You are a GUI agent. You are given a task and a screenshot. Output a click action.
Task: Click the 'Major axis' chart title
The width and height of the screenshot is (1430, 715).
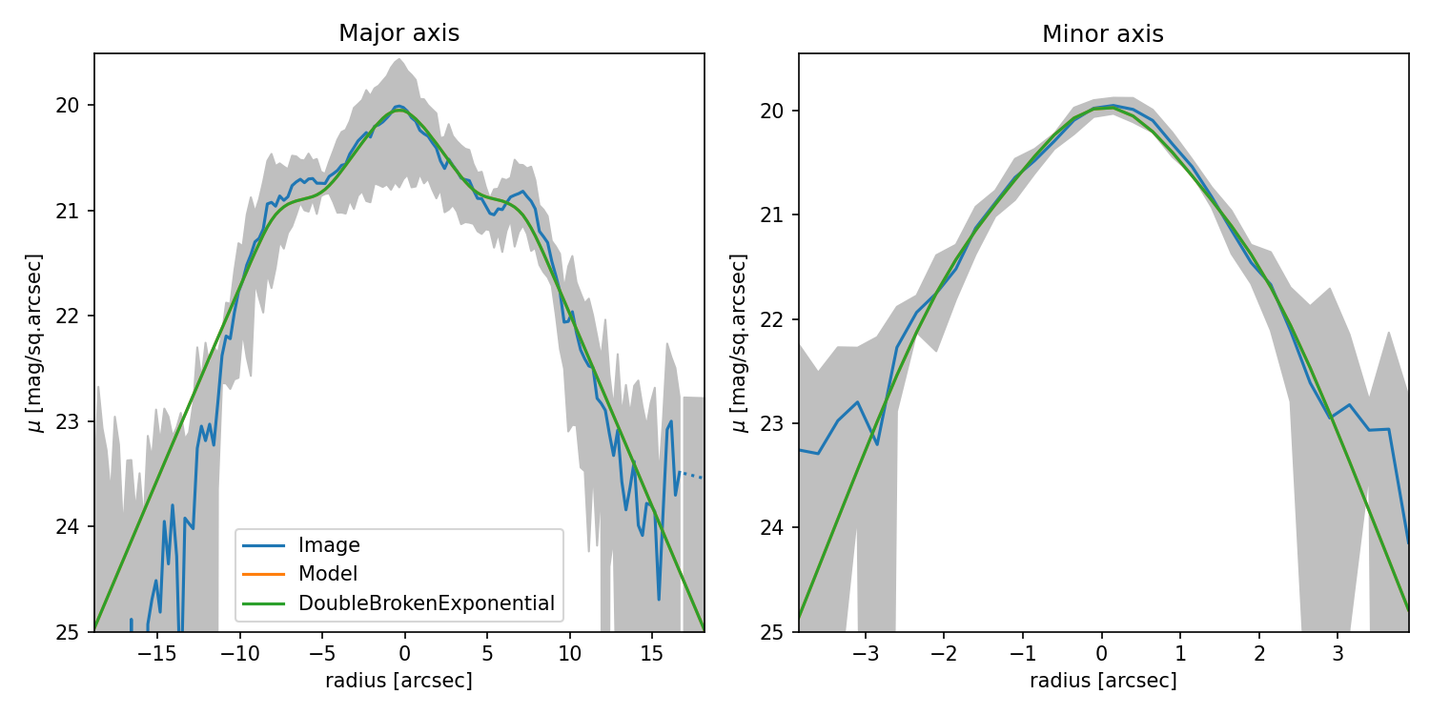(x=398, y=33)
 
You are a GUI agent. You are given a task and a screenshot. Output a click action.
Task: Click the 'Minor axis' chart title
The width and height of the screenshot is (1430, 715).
(x=1102, y=34)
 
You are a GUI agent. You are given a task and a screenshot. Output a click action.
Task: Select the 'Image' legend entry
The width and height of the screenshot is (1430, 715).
(x=329, y=545)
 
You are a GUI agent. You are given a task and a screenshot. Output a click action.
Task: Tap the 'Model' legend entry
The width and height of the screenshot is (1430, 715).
(x=328, y=574)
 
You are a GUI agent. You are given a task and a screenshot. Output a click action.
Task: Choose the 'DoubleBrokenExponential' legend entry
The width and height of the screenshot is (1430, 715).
(x=426, y=603)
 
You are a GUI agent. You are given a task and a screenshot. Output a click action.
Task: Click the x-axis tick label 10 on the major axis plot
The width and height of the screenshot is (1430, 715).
(x=569, y=655)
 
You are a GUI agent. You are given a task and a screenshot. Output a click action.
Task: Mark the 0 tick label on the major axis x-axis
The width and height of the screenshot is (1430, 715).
(x=404, y=655)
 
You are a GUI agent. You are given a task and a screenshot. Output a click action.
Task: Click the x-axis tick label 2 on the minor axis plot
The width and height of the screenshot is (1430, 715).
(x=1258, y=655)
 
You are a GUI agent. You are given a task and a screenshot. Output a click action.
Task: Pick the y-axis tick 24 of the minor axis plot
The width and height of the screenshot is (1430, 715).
(x=778, y=527)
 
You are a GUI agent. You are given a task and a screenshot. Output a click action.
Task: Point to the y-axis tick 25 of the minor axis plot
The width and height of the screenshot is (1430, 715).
(x=778, y=631)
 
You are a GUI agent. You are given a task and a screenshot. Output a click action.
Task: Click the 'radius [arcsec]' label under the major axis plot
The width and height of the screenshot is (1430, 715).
(x=398, y=681)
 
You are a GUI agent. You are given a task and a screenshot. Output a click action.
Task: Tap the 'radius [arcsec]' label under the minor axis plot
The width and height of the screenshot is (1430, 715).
(x=1103, y=681)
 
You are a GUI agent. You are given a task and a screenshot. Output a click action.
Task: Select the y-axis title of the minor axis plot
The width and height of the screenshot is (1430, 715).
(x=739, y=342)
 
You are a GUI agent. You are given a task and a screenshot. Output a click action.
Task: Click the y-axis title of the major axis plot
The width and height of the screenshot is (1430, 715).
(x=35, y=342)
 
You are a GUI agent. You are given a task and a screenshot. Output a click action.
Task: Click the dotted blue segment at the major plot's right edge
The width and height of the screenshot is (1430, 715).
(x=691, y=475)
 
